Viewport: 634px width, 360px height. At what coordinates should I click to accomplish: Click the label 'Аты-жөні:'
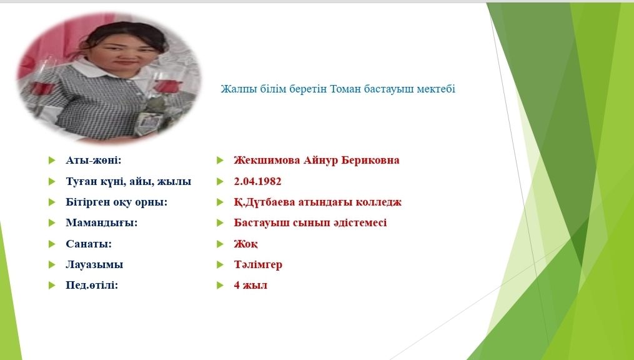click(94, 160)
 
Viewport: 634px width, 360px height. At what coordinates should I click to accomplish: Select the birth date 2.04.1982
click(257, 181)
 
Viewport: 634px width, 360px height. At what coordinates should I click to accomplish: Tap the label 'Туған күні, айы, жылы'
click(129, 182)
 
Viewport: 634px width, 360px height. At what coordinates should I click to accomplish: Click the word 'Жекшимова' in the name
click(267, 160)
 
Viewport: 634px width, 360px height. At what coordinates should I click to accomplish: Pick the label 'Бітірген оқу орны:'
click(116, 202)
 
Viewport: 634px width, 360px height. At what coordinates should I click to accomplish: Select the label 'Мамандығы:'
click(101, 223)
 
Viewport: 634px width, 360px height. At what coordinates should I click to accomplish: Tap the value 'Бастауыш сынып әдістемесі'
click(310, 223)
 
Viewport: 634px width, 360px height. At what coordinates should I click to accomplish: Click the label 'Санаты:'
click(89, 244)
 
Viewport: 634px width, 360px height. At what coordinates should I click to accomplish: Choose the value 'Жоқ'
click(245, 244)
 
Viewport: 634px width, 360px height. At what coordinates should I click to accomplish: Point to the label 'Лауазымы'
click(94, 264)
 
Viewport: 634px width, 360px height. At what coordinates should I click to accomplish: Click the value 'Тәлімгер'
click(258, 264)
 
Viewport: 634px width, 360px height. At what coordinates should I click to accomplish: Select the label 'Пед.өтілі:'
click(92, 285)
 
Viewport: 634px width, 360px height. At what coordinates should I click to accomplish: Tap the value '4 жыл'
click(250, 285)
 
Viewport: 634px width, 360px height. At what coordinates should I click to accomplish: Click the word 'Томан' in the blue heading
click(345, 89)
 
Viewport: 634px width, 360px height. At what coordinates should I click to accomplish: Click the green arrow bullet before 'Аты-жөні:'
click(52, 160)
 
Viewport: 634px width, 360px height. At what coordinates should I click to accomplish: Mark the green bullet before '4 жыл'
click(220, 285)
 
